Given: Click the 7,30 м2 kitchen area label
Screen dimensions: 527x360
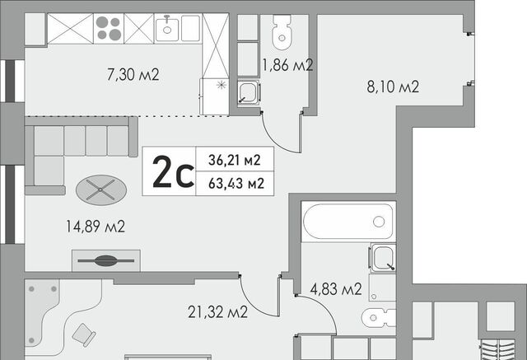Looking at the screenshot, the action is (133, 75).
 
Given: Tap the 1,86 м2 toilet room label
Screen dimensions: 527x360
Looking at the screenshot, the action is (287, 65).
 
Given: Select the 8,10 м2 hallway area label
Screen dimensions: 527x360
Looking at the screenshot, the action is (393, 86).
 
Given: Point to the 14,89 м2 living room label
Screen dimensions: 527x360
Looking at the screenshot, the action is (96, 227).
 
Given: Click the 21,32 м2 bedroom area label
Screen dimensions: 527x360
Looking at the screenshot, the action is (217, 312).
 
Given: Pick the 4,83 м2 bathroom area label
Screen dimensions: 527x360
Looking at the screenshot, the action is (336, 289).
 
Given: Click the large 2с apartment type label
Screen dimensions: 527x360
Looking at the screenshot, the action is (173, 171).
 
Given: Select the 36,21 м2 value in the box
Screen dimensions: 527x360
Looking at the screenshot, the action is (234, 160).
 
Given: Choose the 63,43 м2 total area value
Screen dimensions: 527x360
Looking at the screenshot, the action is (236, 184).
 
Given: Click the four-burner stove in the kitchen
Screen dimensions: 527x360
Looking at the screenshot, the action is (109, 28).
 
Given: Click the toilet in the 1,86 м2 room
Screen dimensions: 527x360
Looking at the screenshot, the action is (282, 32).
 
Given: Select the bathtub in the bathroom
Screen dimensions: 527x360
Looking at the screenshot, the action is (348, 222).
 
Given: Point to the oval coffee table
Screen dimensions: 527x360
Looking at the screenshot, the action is (101, 190).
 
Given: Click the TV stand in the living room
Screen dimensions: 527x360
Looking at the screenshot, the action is (106, 260).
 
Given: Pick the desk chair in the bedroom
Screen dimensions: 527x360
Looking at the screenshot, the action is (84, 334).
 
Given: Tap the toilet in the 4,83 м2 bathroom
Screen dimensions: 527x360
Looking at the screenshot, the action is (379, 317).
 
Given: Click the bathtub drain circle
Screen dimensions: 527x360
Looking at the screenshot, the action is (379, 222).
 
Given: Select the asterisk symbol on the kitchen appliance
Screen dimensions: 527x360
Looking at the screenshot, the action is (222, 85).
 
